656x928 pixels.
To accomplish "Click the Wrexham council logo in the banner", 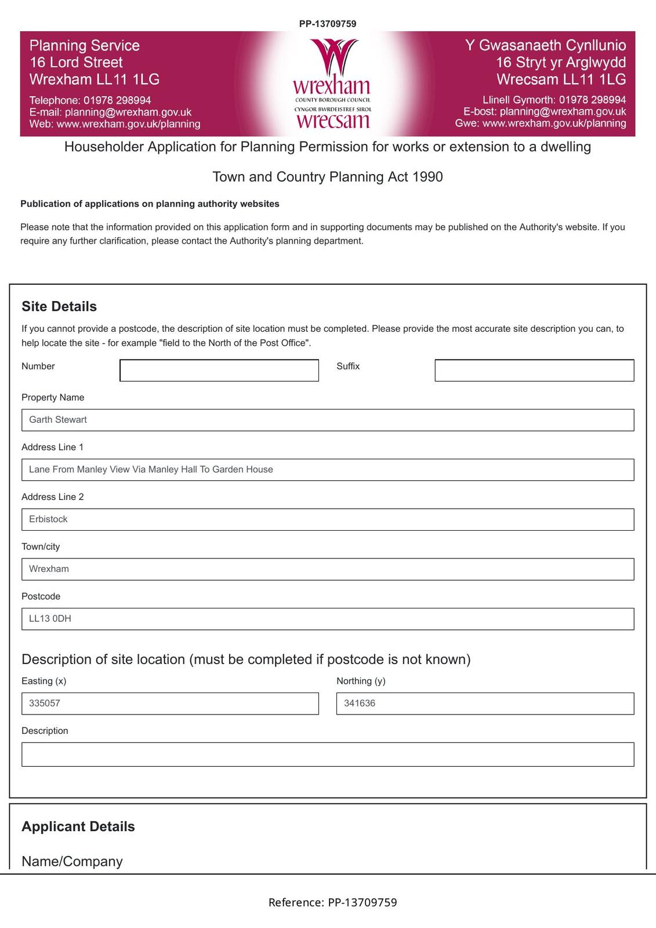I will (332, 84).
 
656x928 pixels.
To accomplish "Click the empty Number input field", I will (219, 371).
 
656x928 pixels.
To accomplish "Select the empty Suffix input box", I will (534, 371).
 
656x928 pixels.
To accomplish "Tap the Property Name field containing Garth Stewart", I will (327, 420).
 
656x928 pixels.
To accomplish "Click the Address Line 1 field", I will (327, 470).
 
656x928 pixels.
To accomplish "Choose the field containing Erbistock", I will (327, 520).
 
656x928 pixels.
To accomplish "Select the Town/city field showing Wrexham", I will (327, 569).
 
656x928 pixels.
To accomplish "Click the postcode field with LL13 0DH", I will (327, 619).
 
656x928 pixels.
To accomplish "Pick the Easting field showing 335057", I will (169, 704).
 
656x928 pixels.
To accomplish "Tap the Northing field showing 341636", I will (485, 704).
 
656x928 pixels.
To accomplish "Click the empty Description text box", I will (327, 755).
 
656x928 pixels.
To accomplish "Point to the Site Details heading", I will (59, 306).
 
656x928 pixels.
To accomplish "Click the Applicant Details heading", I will (78, 826).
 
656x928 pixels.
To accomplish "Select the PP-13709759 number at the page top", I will (328, 24).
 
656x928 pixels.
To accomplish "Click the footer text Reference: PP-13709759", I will (332, 902).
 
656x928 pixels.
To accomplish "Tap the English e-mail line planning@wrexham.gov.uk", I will (110, 112).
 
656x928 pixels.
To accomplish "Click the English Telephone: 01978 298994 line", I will (90, 100).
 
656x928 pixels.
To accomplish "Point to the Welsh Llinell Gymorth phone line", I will (554, 100).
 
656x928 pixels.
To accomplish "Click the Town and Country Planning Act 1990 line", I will (328, 177).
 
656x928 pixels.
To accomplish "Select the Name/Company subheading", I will (72, 861).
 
